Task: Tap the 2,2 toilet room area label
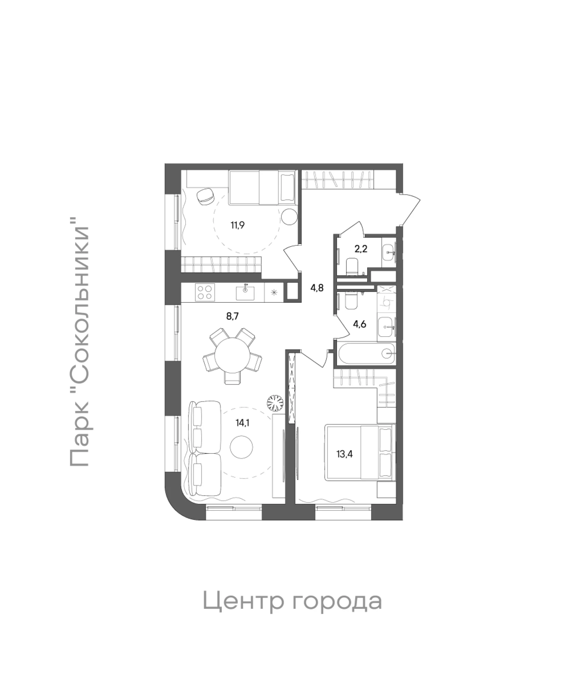[361, 249]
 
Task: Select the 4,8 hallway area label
[317, 288]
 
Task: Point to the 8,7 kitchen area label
[232, 316]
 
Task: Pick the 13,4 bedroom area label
[345, 454]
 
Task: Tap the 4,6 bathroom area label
[360, 324]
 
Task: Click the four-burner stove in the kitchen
[204, 292]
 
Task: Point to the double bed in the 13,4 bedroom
[360, 452]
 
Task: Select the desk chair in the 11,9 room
[205, 197]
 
